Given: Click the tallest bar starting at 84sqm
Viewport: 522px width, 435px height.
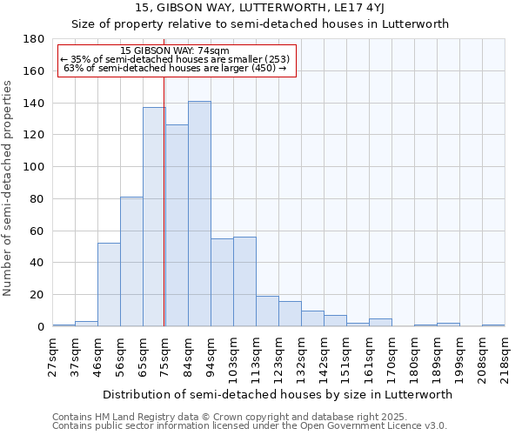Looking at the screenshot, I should [199, 214].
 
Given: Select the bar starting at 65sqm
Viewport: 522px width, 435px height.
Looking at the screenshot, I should [154, 217].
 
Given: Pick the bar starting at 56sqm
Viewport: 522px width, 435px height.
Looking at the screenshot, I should [131, 261].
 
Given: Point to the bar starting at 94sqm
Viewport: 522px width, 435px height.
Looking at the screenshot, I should [222, 282].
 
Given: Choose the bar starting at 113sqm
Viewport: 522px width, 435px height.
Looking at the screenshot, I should [267, 311].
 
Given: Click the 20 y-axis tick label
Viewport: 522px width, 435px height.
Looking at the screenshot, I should [37, 295].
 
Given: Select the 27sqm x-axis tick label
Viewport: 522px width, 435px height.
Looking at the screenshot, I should [53, 356].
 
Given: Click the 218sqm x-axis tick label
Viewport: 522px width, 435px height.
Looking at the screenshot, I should [505, 356].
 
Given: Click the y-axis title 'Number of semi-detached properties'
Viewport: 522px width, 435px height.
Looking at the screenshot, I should [9, 187].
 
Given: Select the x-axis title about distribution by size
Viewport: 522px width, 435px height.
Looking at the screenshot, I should [278, 394].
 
